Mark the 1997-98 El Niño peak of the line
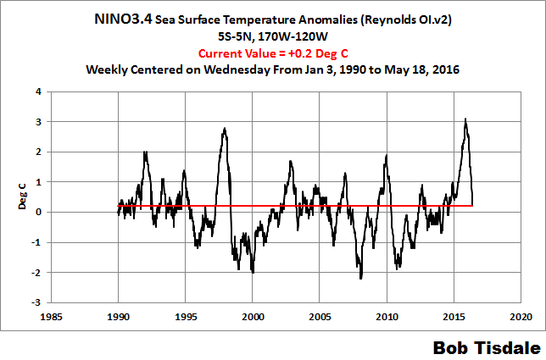pyautogui.click(x=225, y=129)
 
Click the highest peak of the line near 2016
pyautogui.click(x=465, y=119)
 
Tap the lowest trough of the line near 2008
pyautogui.click(x=360, y=278)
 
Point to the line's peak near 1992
pyautogui.click(x=146, y=152)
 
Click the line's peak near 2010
pyautogui.click(x=387, y=155)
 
